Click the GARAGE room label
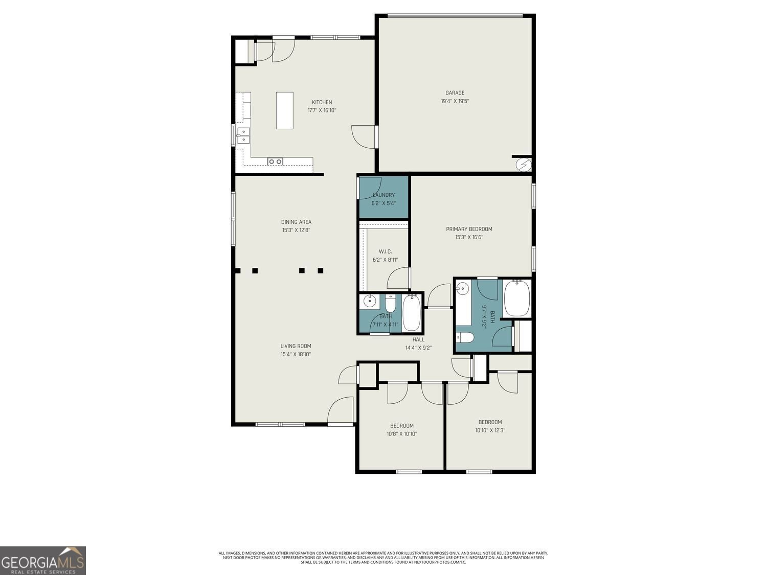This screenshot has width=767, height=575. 455,93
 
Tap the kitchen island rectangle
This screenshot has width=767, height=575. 285,110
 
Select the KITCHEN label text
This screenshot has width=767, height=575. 322,102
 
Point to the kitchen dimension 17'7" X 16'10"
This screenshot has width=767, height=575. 322,110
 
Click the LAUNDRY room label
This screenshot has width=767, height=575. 383,195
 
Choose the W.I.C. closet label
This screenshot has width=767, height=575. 385,251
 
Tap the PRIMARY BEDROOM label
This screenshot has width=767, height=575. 469,229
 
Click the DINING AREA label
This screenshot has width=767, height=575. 296,222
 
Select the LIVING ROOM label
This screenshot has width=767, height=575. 296,346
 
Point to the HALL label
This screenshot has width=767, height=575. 418,339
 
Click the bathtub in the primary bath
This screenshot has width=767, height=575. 517,299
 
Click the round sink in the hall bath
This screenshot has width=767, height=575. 368,302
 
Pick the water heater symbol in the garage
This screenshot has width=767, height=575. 524,165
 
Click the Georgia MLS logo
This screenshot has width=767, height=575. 43,561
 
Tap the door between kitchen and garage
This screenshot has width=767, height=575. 363,136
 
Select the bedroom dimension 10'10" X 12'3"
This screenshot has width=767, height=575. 489,430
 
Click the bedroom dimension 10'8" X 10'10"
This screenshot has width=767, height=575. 401,434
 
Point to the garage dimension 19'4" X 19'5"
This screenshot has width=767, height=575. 455,101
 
